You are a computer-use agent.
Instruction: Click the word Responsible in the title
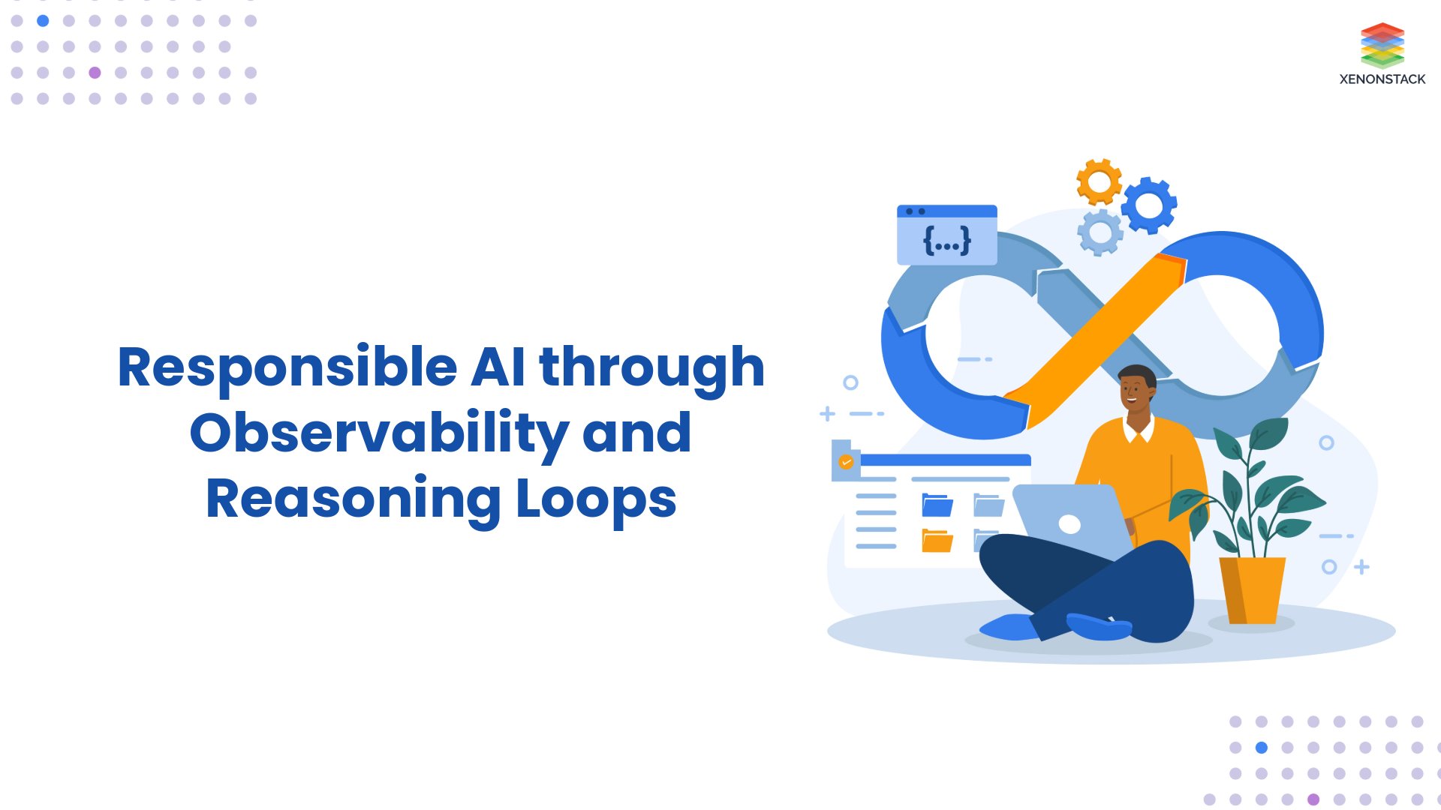pos(287,368)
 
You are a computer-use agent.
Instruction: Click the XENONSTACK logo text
pos(1382,79)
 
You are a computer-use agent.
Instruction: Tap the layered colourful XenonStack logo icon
pos(1382,45)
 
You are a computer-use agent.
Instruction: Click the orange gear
pos(1099,181)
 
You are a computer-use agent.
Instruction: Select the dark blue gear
pos(1149,205)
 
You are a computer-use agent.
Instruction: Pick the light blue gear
pos(1100,232)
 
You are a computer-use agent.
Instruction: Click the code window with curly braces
pos(946,234)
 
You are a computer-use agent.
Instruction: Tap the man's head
pos(1136,390)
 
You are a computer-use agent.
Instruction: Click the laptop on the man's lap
pos(1069,521)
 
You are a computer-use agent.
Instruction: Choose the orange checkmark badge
pos(846,462)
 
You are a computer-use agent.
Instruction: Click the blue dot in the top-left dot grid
pos(43,21)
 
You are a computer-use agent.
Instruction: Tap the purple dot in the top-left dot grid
pos(95,73)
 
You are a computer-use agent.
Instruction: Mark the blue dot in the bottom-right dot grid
pos(1262,748)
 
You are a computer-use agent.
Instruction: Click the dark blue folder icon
pos(937,505)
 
